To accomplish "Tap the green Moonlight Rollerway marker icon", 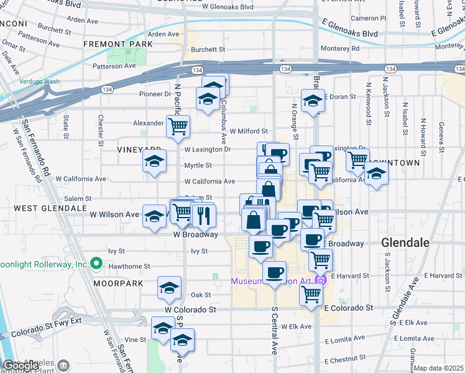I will click(96, 264).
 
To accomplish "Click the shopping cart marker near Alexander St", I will click(178, 126).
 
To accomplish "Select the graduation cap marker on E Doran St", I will click(313, 100).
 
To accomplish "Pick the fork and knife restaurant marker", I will click(204, 215).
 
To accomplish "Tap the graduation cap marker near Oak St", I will click(169, 288).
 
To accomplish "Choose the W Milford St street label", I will click(249, 131).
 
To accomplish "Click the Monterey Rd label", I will click(339, 48).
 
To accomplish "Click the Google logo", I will click(21, 365).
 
